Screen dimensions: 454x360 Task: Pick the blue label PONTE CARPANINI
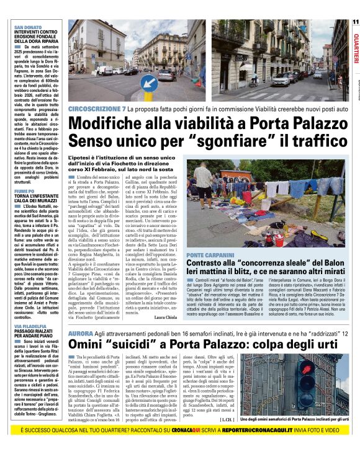pyautogui.click(x=228, y=255)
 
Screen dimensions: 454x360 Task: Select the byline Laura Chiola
pyautogui.click(x=182, y=318)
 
